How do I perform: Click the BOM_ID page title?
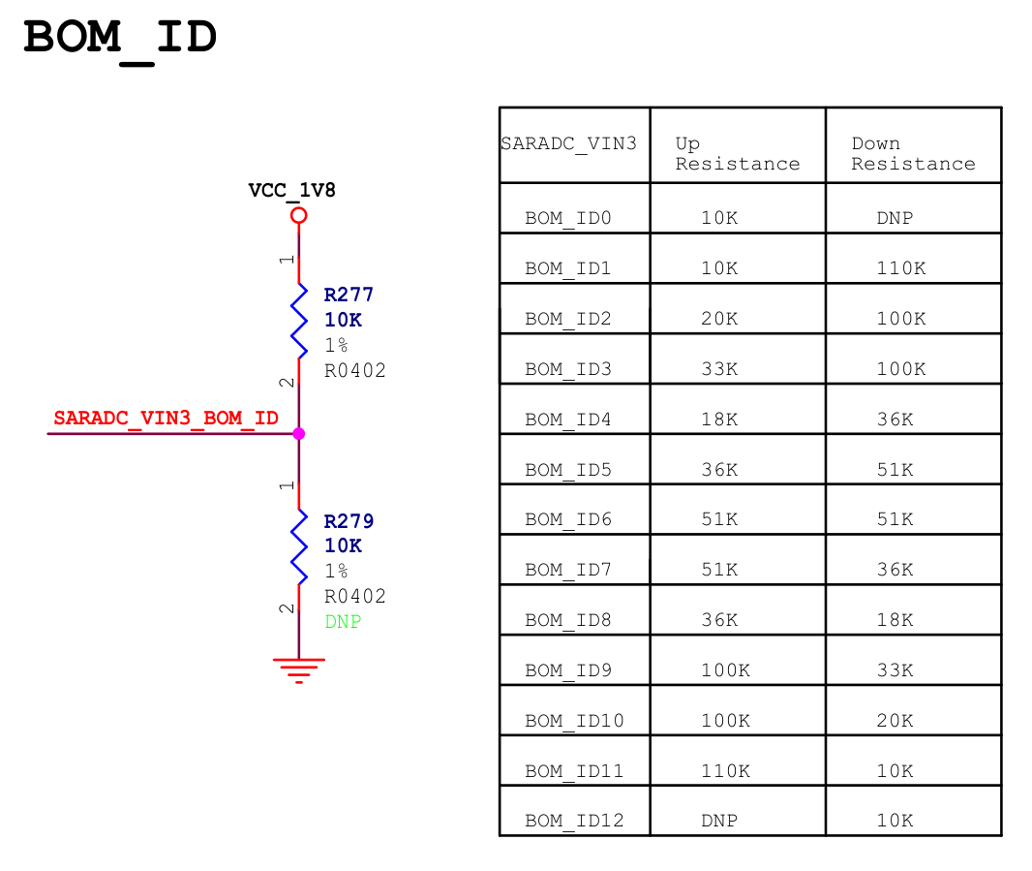click(120, 39)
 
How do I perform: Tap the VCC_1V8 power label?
click(291, 190)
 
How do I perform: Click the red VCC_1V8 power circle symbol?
click(298, 215)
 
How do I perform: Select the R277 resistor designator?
click(349, 295)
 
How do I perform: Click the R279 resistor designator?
click(349, 521)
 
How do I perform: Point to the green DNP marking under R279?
click(343, 622)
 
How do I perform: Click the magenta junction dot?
click(298, 433)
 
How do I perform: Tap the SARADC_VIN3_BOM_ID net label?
click(167, 419)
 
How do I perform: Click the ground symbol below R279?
click(298, 669)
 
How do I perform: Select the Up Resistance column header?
click(737, 154)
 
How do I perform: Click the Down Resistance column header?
click(913, 154)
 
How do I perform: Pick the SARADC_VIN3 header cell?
click(568, 144)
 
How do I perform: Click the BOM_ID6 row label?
click(568, 520)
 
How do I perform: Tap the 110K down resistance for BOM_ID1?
click(900, 268)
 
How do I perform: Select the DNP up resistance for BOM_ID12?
click(719, 822)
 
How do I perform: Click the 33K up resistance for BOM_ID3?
click(719, 369)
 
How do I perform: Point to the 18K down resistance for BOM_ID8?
click(895, 620)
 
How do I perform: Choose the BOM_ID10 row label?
click(574, 721)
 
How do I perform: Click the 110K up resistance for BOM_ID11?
click(725, 771)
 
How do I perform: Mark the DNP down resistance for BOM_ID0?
click(895, 219)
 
